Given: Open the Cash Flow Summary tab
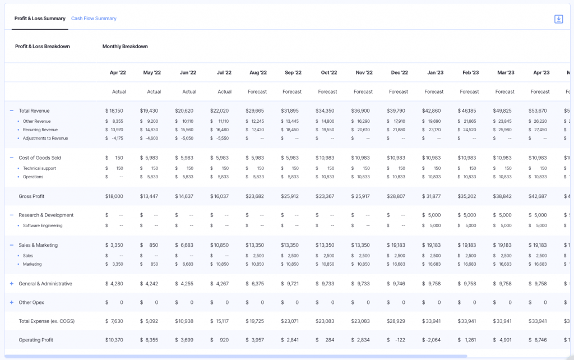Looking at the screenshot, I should coord(94,19).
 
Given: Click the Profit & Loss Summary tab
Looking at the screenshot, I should coord(40,19).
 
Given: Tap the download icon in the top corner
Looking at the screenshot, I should coord(558,19).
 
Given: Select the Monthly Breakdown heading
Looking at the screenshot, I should coord(125,47).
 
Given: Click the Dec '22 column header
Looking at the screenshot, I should coord(399,73).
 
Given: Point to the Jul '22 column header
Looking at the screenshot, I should coord(224,73).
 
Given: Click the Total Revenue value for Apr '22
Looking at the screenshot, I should coord(114,111).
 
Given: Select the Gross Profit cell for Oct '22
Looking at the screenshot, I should coord(327,196).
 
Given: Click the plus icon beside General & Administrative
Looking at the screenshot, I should coord(11,284).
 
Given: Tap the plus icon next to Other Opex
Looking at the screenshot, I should coord(11,302).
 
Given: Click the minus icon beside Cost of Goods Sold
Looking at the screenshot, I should coord(11,158).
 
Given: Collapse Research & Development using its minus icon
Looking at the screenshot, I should coord(11,215).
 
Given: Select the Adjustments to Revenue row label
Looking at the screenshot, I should coord(45,138).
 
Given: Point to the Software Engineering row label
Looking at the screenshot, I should coord(43,225).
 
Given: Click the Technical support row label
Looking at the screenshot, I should coord(39,168).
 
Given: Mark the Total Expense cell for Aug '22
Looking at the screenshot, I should coord(257,321).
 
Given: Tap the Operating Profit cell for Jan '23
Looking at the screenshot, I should coord(433,340).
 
